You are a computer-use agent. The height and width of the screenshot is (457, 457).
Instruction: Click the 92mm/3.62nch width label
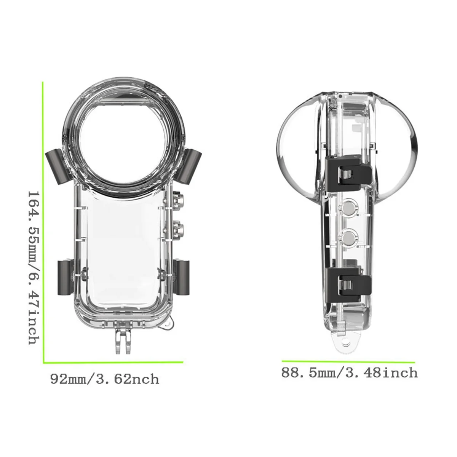tap(105, 379)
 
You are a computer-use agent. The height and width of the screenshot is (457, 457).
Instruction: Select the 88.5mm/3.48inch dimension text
tap(349, 372)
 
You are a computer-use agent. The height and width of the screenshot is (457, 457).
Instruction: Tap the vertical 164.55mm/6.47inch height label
tap(34, 267)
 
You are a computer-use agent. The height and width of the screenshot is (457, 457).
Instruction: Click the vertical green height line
tap(43, 221)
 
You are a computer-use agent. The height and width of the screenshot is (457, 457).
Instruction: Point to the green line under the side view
tap(348, 361)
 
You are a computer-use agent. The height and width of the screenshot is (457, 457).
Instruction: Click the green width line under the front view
tap(113, 361)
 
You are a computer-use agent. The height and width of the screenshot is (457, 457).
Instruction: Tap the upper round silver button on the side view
tap(348, 208)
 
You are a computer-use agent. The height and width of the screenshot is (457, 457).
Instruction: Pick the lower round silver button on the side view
tap(348, 238)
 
